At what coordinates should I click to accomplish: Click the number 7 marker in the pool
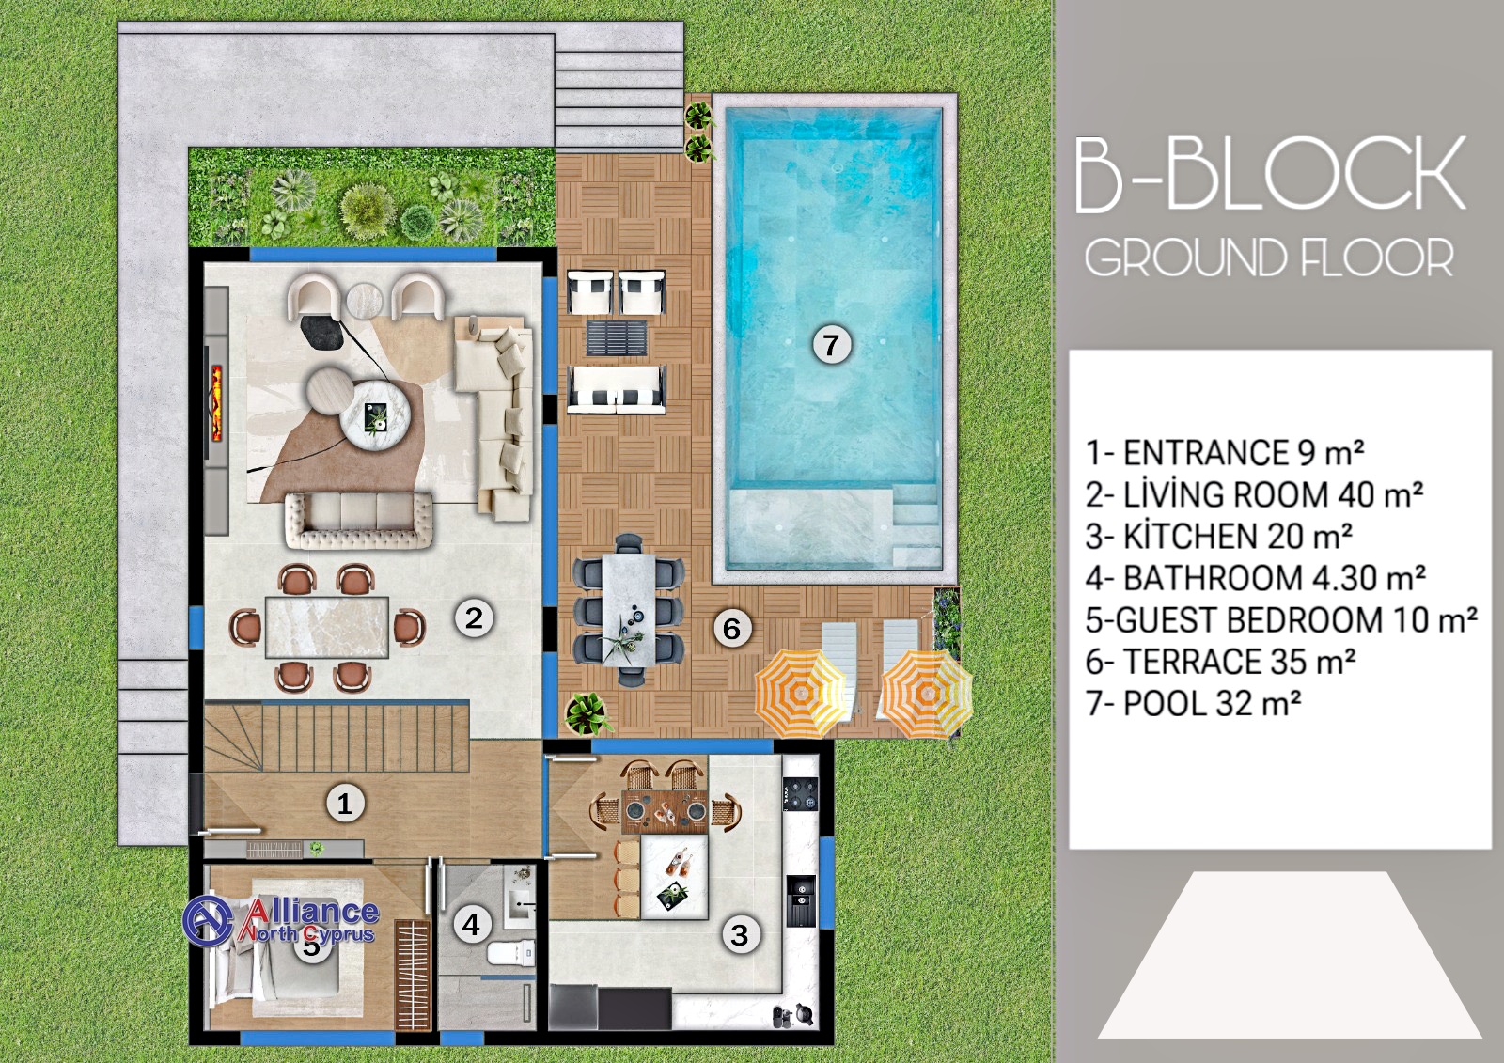(x=832, y=345)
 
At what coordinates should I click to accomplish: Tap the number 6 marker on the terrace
(x=731, y=629)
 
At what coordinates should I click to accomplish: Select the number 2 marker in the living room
(x=474, y=617)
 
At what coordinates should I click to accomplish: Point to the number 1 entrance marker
(x=344, y=804)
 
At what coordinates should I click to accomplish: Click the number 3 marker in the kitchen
(x=739, y=935)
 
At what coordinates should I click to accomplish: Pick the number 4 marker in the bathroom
(x=471, y=925)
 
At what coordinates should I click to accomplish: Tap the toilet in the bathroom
(x=510, y=951)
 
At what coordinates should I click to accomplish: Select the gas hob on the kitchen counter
(x=800, y=793)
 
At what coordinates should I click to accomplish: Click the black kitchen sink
(x=800, y=899)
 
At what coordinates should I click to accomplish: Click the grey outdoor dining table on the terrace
(x=628, y=609)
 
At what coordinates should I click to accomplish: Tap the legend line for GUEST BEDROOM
(x=1281, y=619)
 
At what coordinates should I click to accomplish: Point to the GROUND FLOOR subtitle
(x=1270, y=258)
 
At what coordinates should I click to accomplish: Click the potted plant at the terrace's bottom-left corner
(x=588, y=713)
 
